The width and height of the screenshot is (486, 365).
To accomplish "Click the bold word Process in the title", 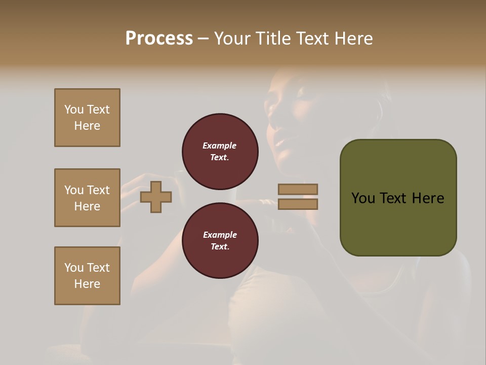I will [159, 39].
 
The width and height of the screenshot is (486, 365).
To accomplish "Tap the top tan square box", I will [87, 118].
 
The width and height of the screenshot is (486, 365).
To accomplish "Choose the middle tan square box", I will [87, 198].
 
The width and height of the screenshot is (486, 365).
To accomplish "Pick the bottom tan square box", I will [87, 276].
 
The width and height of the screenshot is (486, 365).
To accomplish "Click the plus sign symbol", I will [156, 197].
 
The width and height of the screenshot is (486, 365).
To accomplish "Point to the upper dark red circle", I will [220, 152].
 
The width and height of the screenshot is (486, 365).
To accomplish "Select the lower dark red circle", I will [220, 241].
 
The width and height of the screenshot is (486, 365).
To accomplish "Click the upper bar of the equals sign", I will [298, 189].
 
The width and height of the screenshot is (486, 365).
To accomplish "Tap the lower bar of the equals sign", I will [298, 204].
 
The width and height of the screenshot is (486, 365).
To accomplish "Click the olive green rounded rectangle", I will [398, 198].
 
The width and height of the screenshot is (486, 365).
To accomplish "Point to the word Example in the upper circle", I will [220, 145].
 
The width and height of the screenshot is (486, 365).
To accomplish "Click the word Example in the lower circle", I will [220, 235].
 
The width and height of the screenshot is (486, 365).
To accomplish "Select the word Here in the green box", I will [428, 198].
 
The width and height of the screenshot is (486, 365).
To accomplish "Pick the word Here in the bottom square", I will [87, 284].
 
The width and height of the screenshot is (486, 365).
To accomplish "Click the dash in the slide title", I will [204, 39].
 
